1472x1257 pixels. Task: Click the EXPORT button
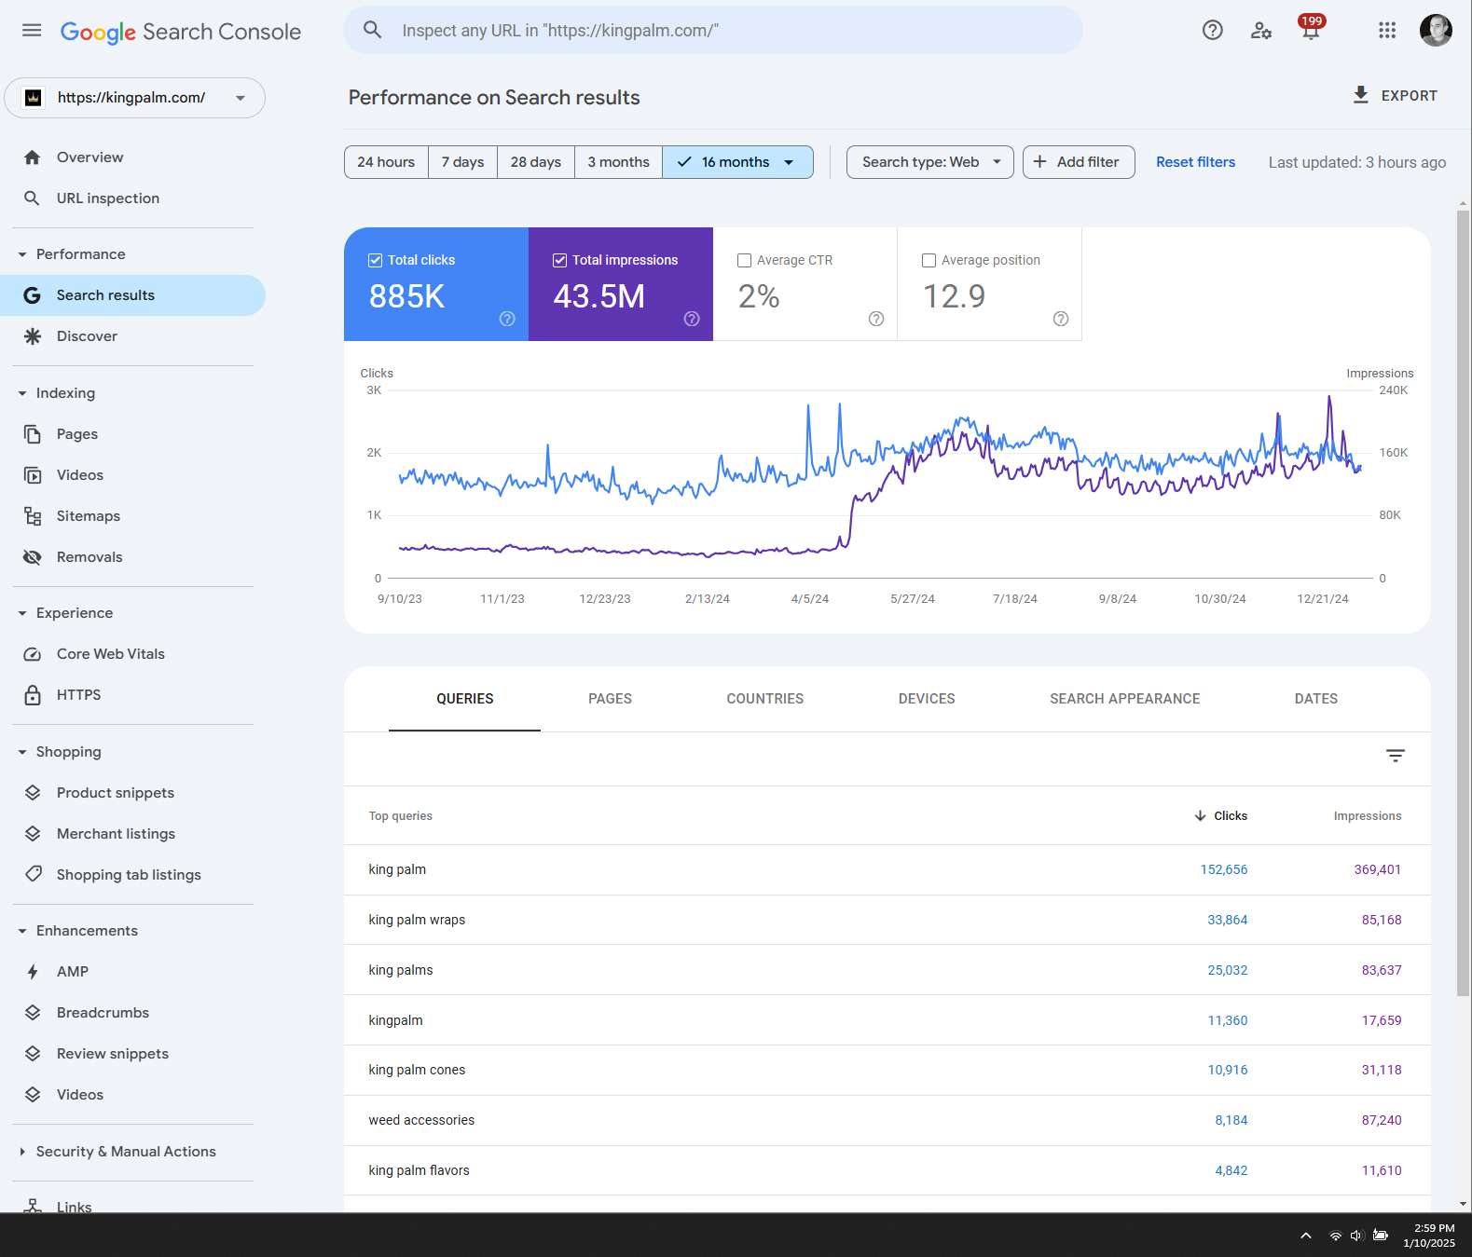(1395, 95)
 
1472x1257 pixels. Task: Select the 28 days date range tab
(535, 162)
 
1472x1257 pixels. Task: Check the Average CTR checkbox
(744, 261)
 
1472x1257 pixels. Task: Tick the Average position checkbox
(929, 261)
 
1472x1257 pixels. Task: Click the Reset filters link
(1195, 162)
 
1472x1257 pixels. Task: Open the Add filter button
(1078, 162)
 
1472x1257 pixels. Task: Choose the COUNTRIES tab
(764, 699)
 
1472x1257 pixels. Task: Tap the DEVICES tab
(926, 699)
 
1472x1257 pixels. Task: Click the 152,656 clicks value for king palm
(1223, 869)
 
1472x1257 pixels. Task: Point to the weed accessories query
(421, 1120)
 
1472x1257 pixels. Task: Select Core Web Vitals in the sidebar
(110, 654)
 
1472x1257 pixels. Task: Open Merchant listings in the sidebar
(116, 834)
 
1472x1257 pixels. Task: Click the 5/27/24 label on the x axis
(912, 599)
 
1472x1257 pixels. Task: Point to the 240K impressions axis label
(1393, 390)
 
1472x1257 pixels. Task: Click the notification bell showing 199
(1310, 30)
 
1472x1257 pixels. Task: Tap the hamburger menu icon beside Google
(32, 31)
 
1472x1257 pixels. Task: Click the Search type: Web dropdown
(929, 162)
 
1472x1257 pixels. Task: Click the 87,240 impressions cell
(1381, 1120)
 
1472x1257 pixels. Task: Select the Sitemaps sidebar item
(88, 516)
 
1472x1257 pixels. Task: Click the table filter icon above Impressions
(1395, 756)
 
